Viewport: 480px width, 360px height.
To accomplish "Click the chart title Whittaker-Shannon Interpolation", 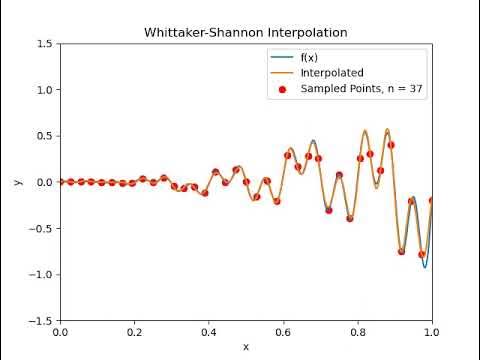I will pyautogui.click(x=246, y=32).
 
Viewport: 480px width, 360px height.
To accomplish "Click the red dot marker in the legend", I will pyautogui.click(x=283, y=89).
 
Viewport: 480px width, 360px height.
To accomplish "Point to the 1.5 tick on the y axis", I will pyautogui.click(x=45, y=44).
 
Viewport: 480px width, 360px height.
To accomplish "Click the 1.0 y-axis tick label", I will pyautogui.click(x=45, y=90).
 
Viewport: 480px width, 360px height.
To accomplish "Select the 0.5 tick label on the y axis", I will pyautogui.click(x=45, y=136).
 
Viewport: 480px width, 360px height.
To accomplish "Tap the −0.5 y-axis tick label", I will pyautogui.click(x=42, y=229).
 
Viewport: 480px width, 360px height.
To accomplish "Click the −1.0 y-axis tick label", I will pyautogui.click(x=42, y=275).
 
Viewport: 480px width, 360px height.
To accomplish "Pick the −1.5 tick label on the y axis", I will pyautogui.click(x=42, y=321).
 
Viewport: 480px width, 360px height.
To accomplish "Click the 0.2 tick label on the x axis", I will pyautogui.click(x=134, y=332).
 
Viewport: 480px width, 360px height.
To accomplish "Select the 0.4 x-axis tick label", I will pyautogui.click(x=209, y=332).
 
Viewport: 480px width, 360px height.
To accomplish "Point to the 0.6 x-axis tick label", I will pyautogui.click(x=283, y=332).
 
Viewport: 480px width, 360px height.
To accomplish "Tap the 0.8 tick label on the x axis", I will pyautogui.click(x=358, y=332).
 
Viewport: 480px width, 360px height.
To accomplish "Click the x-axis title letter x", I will pyautogui.click(x=246, y=346).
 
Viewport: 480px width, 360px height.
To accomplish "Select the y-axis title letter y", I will pyautogui.click(x=18, y=182).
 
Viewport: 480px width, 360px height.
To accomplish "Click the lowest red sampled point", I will pyautogui.click(x=422, y=254).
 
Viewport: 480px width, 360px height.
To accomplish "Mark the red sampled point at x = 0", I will pyautogui.click(x=60, y=182).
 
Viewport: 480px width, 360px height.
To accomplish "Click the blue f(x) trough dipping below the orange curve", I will pyautogui.click(x=425, y=266).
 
